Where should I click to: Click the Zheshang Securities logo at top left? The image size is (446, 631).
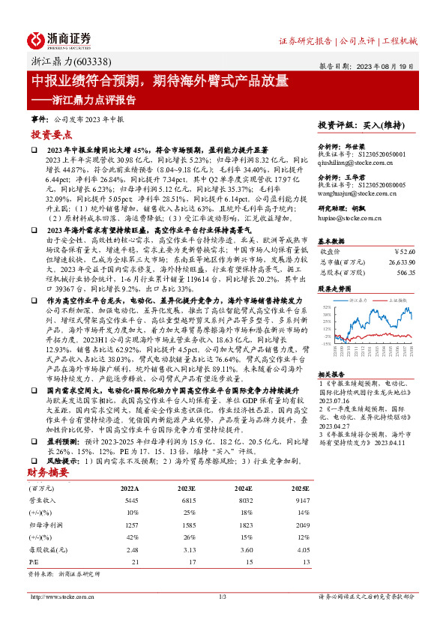pos(61,40)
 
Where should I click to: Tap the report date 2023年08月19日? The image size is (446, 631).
pos(389,66)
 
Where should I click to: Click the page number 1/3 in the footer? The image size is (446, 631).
pos(223,597)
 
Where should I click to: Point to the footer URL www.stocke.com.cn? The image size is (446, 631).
pos(55,597)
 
